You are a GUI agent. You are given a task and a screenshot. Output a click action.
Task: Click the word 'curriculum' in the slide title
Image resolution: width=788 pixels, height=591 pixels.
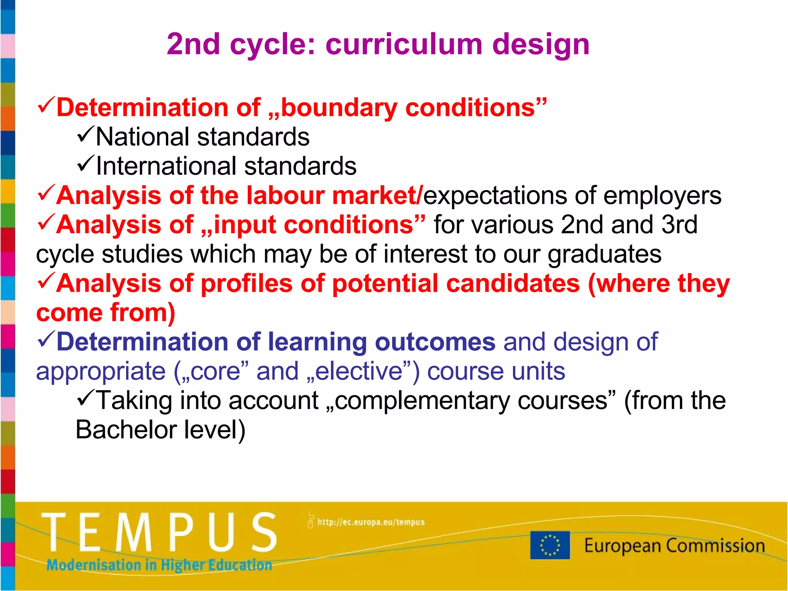pos(404,45)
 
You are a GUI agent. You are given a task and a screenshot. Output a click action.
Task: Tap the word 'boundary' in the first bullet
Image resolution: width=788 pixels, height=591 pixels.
pos(339,107)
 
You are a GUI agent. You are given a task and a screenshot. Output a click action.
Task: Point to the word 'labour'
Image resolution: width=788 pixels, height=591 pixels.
pos(285,195)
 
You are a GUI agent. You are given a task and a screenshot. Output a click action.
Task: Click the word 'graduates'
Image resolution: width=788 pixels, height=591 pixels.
pos(604,255)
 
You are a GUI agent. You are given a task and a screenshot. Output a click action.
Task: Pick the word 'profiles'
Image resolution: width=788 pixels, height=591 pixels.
pos(247,284)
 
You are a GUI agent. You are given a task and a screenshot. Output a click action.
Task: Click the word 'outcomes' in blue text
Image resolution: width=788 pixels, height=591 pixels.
pos(435,342)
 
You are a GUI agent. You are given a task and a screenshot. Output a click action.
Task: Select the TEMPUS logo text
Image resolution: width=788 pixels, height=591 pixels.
pos(159,533)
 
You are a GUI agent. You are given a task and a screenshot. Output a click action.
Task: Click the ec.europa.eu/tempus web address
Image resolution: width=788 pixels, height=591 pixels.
pos(371,522)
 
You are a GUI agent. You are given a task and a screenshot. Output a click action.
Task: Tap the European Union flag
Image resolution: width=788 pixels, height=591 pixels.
pos(550,545)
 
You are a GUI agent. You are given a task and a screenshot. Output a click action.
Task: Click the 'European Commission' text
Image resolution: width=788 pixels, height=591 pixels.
pos(674,546)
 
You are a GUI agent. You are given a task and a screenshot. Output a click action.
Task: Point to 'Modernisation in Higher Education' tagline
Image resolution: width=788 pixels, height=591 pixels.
pos(159,565)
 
